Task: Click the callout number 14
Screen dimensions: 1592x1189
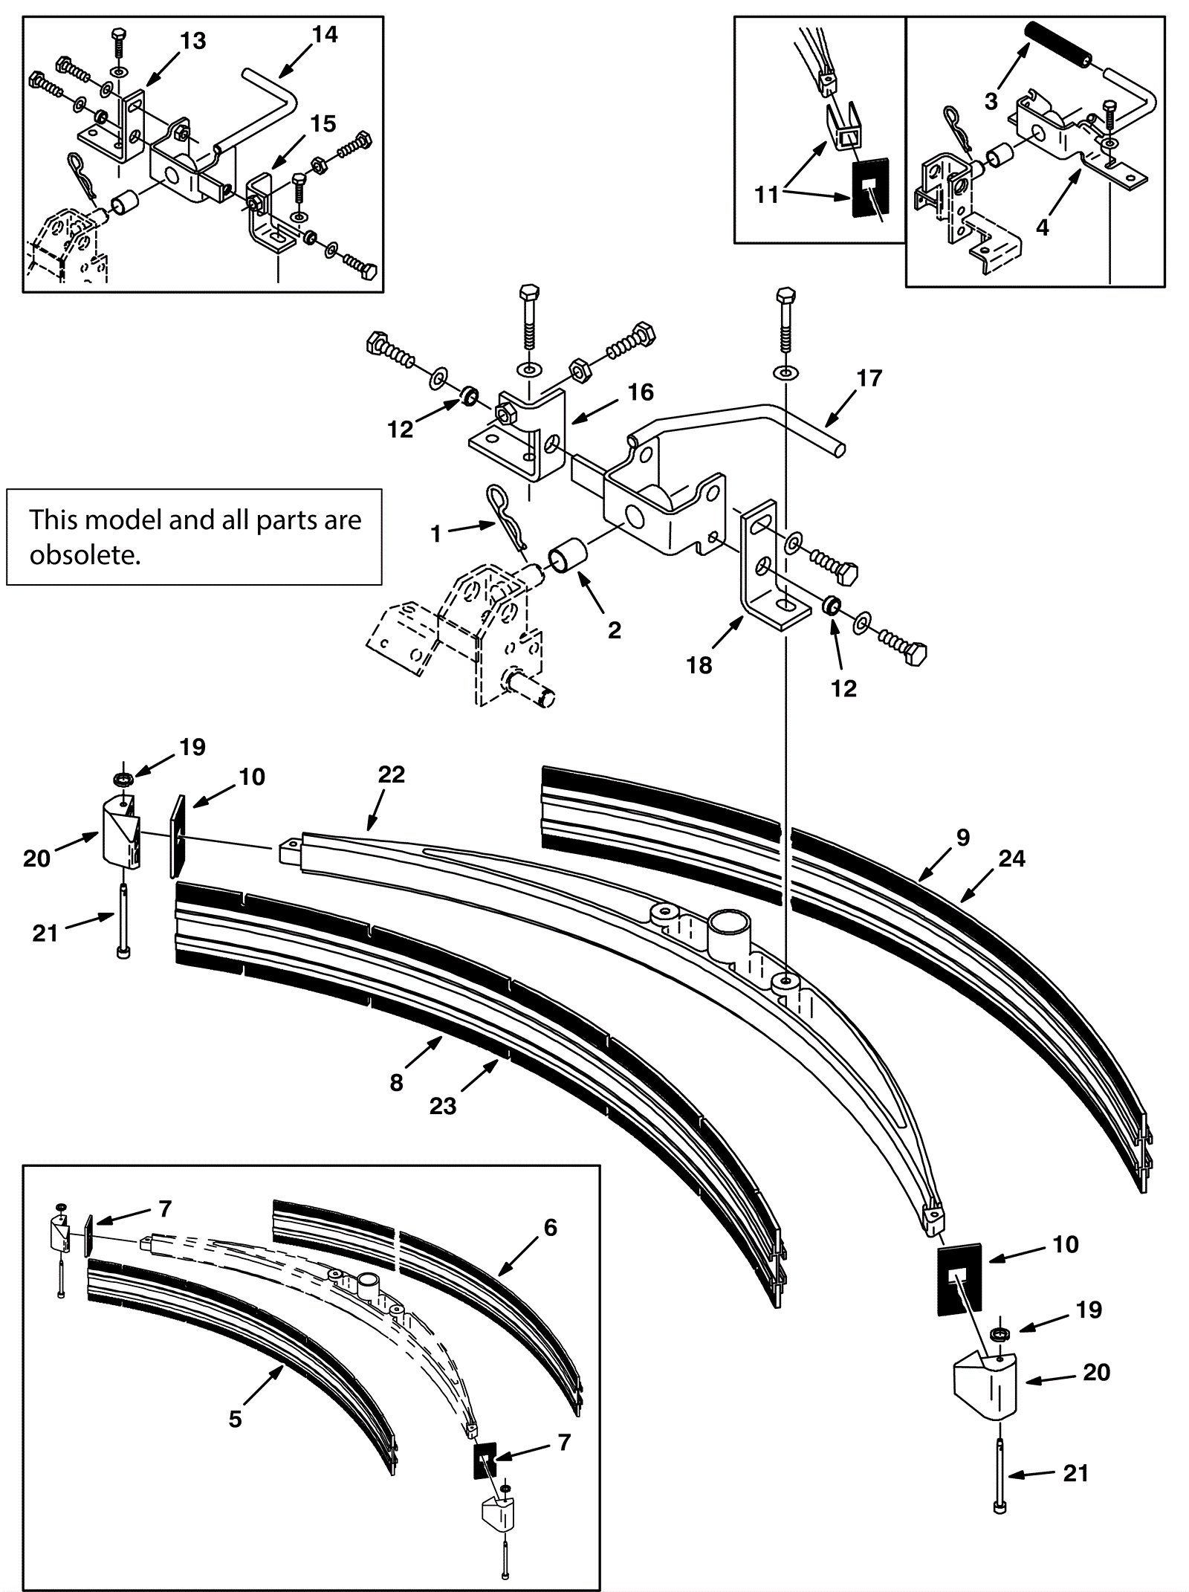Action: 325,35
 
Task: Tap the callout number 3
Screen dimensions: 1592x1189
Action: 991,101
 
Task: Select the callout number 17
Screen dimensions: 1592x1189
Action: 869,378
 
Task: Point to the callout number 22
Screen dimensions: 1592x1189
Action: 392,774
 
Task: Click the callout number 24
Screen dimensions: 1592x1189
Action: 1011,859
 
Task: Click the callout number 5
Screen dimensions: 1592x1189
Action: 235,1420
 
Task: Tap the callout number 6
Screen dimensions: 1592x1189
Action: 550,1228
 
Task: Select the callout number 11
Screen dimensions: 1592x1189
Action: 766,195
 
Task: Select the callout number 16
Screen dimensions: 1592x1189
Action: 641,392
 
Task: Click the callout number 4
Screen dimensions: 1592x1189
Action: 1043,227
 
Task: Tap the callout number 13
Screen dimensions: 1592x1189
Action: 192,41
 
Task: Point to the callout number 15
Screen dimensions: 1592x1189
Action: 323,123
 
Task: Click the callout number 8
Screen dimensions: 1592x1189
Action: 396,1082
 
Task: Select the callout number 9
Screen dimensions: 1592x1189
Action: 963,838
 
